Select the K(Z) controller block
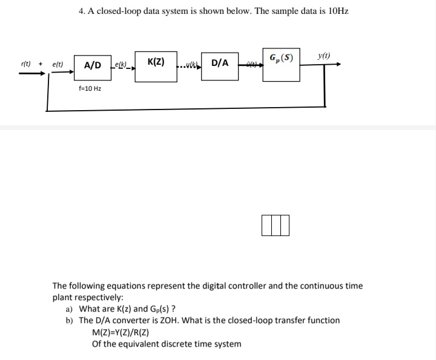pyautogui.click(x=156, y=63)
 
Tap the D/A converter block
pyautogui.click(x=220, y=63)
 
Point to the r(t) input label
pyautogui.click(x=27, y=64)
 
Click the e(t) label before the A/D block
pyautogui.click(x=58, y=64)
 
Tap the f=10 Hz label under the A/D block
pyautogui.click(x=90, y=88)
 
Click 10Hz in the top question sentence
pyautogui.click(x=337, y=11)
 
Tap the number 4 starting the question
pyautogui.click(x=82, y=11)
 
